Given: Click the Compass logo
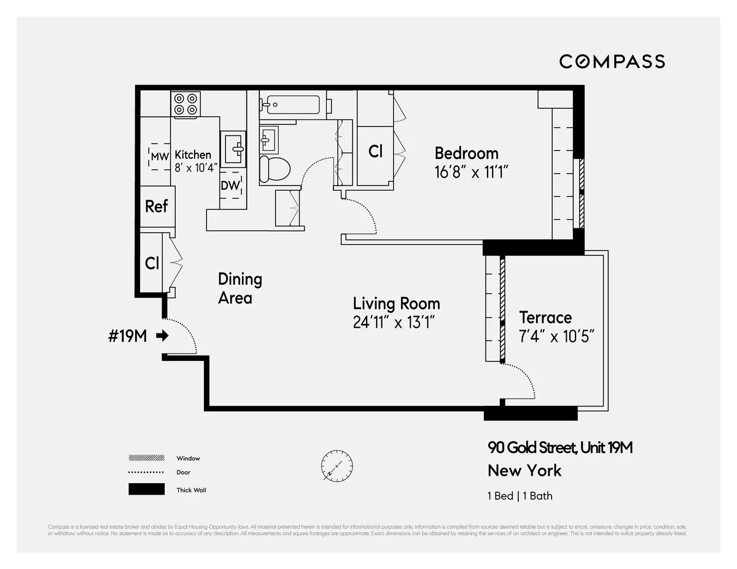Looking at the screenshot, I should [612, 61].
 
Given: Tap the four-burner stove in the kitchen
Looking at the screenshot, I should [186, 104].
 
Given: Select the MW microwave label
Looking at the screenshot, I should [160, 157].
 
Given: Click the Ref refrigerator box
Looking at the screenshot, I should [157, 206].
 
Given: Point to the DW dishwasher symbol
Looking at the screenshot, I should [231, 185].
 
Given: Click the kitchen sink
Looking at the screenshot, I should [233, 148].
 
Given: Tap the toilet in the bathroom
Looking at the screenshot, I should [274, 168].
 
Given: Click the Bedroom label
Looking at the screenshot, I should [466, 153].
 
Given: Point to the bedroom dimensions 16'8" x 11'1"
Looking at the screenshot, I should [472, 172].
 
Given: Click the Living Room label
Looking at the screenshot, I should [396, 303].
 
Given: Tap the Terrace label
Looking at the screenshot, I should [545, 317].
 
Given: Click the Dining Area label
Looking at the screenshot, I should [240, 288].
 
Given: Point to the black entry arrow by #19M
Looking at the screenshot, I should [162, 336].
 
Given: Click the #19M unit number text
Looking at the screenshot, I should [127, 336].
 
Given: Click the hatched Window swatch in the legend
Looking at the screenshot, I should [146, 458].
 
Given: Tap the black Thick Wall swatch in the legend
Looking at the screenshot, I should [146, 489].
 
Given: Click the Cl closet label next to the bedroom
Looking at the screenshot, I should [375, 152].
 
